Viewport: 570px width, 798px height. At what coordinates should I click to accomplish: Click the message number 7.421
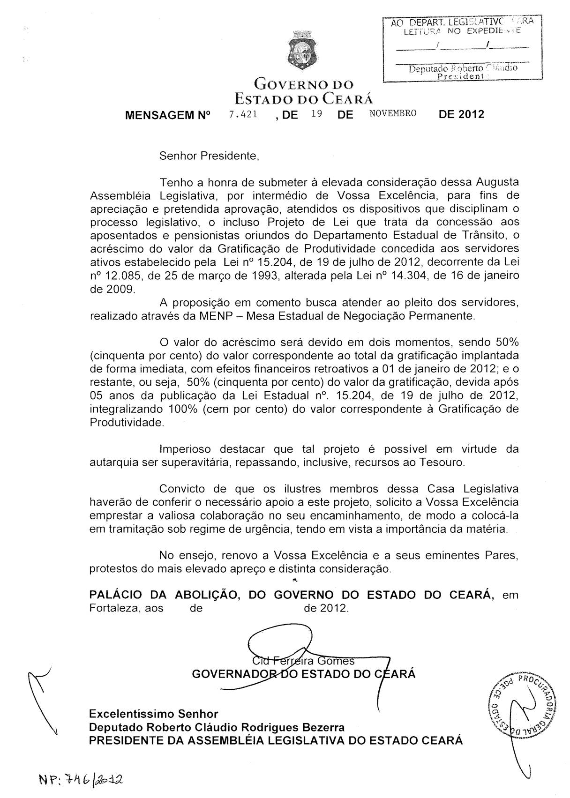pos(243,114)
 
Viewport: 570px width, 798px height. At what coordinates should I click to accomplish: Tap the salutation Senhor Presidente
pos(209,156)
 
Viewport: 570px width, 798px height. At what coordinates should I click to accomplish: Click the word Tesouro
pos(440,462)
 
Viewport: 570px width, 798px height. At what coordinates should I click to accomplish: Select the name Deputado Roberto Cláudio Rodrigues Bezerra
pos(217,727)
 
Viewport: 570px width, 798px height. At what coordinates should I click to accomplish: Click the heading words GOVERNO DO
pos(303,85)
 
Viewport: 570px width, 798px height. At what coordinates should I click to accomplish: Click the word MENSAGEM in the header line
pos(155,114)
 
